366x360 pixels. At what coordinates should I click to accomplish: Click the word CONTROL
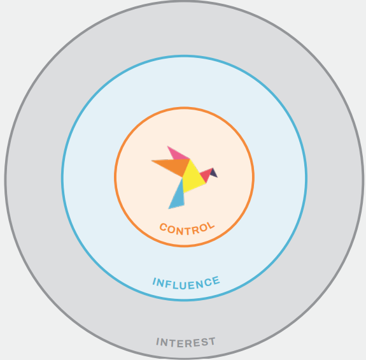(187, 229)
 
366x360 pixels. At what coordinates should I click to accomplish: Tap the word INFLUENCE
(186, 284)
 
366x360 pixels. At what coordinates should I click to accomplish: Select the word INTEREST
(186, 343)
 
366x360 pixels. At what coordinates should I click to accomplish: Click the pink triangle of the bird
(177, 154)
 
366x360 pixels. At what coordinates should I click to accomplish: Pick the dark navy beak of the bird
(214, 173)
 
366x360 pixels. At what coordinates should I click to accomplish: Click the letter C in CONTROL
(164, 227)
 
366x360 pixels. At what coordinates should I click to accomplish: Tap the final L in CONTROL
(210, 226)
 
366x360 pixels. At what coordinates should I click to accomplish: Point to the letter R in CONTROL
(195, 230)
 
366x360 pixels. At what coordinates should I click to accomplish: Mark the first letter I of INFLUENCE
(154, 281)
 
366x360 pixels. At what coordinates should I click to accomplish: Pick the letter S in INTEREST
(205, 342)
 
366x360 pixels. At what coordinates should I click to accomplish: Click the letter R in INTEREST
(189, 343)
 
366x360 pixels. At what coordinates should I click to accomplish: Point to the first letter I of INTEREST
(158, 342)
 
